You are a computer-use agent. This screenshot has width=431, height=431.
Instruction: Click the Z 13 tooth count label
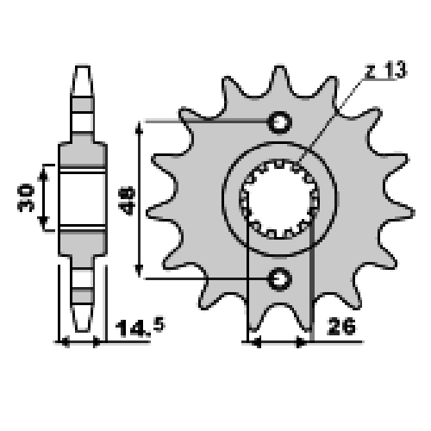[x=385, y=70]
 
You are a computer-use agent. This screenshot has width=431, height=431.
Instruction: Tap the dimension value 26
[x=341, y=327]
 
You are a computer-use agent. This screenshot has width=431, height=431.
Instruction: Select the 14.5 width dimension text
[x=140, y=328]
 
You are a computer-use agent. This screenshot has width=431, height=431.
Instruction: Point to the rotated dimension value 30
[x=26, y=198]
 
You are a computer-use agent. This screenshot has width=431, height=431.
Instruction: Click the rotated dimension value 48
[x=127, y=201]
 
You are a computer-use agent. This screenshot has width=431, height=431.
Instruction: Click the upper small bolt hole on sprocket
[x=280, y=122]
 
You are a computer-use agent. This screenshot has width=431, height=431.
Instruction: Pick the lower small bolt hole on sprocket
[x=280, y=278]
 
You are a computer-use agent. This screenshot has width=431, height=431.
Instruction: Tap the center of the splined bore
[x=279, y=199]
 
